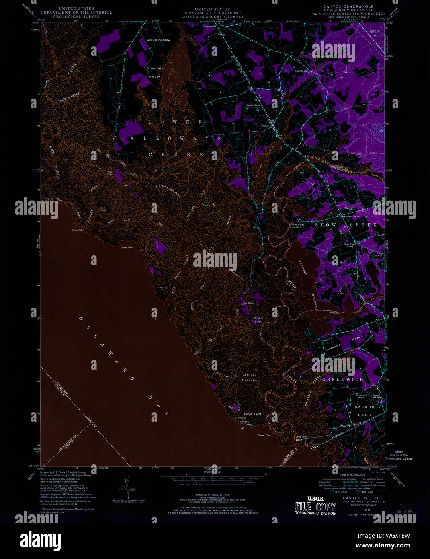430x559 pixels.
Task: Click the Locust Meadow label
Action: pyautogui.click(x=158, y=40)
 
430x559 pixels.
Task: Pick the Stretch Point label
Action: pyautogui.click(x=258, y=320)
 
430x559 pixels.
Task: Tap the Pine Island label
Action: pyautogui.click(x=248, y=303)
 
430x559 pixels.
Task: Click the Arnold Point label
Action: pyautogui.click(x=252, y=413)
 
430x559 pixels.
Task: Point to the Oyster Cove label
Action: pyautogui.click(x=264, y=436)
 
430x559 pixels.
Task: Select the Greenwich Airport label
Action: pyautogui.click(x=361, y=396)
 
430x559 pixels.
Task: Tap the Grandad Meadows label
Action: pyautogui.click(x=249, y=377)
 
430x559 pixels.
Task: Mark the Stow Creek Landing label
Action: pyautogui.click(x=298, y=226)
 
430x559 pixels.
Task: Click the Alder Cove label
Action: pyautogui.click(x=127, y=247)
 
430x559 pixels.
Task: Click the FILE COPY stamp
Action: pyautogui.click(x=315, y=506)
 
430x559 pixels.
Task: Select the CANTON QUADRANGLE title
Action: pyautogui.click(x=348, y=6)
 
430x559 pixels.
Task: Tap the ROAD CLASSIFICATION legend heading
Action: pyautogui.click(x=342, y=475)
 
